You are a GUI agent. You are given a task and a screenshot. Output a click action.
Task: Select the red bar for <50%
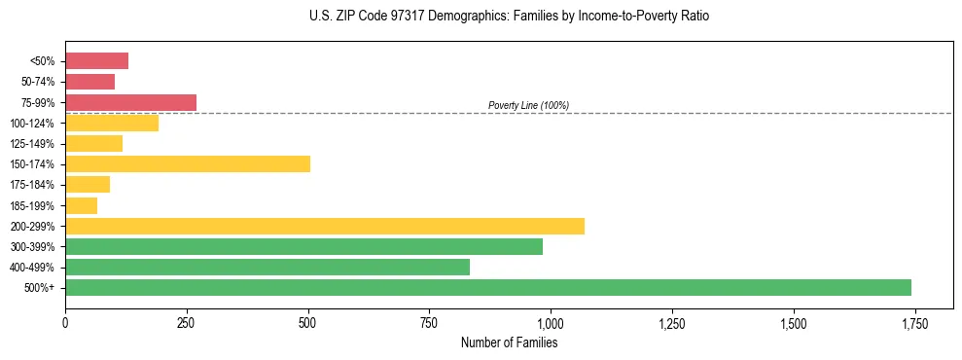pos(96,61)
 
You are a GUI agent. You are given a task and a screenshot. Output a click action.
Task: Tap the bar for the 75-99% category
pos(130,102)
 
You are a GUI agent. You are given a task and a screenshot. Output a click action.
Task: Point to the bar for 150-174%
pos(188,163)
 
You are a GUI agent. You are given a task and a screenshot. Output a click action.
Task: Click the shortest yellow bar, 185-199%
pos(81,205)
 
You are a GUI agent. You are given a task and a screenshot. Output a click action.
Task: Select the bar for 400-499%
pos(267,267)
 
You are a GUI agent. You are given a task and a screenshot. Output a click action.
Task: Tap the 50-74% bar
pos(89,82)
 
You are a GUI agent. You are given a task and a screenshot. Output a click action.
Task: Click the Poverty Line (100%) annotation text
pos(528,105)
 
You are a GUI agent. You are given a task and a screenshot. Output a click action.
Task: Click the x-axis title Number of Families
pos(509,342)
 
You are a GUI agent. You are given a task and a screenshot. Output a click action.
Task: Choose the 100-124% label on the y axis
pos(32,124)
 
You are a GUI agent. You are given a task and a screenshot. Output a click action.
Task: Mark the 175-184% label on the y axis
pos(32,185)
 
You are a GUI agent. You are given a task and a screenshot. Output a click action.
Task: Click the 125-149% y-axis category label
pos(32,144)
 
